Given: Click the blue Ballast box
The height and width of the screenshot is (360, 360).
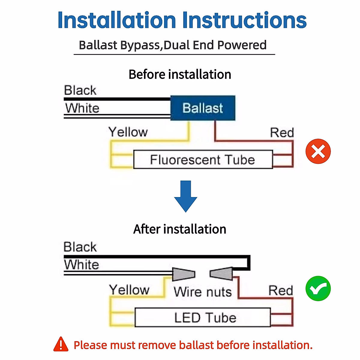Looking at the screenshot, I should point(203,108).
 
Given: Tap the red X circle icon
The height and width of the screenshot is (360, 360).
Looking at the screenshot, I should point(318,151).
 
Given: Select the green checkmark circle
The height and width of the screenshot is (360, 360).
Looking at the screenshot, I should point(318,289).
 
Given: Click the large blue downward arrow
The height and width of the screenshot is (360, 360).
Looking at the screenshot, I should point(186,196).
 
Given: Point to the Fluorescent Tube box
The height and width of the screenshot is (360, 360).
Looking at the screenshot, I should point(203,160).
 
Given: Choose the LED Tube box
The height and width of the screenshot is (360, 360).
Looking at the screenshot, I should point(203,317).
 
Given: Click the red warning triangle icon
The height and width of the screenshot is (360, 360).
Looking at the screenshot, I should point(61,344).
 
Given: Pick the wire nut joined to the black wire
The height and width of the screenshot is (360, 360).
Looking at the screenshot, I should point(221,274).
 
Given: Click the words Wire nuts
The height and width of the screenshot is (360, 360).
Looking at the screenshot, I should point(202,292).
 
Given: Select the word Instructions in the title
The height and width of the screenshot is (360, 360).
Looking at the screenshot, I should point(244,20).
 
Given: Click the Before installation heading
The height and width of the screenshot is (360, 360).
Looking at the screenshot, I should point(180,74).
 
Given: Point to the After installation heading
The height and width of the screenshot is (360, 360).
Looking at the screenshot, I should point(180,229).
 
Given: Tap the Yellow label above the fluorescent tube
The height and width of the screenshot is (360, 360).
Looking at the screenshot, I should point(128,132).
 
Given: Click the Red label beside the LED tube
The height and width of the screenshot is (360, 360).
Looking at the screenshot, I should point(280,290).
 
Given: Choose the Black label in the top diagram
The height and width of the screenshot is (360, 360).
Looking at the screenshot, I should point(80,90).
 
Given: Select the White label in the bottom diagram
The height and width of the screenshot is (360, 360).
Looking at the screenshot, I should point(81,265).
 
